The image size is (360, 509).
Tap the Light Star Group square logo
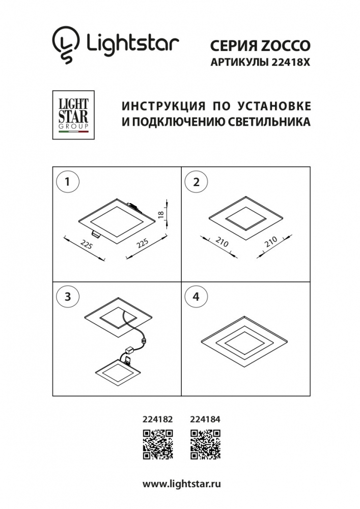click(x=73, y=115)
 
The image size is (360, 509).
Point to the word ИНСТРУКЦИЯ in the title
click(x=163, y=106)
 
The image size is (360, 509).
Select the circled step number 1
click(x=68, y=182)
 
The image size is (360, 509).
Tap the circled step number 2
click(x=196, y=182)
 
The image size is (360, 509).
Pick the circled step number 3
click(x=68, y=296)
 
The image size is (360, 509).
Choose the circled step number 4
click(x=196, y=296)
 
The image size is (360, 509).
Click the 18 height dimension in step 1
click(x=161, y=215)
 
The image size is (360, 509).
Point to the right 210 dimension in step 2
click(x=271, y=241)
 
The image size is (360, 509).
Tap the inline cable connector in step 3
click(x=143, y=341)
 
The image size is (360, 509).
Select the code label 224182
click(x=158, y=419)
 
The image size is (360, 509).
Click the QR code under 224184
click(x=205, y=445)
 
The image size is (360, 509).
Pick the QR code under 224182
click(x=158, y=445)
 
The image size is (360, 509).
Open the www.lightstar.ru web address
click(x=182, y=485)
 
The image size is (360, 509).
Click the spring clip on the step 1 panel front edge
click(x=95, y=232)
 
